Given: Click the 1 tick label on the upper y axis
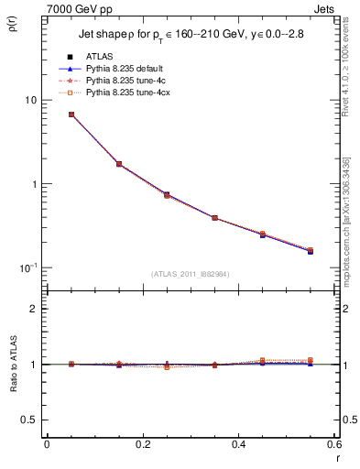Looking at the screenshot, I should (x=35, y=184).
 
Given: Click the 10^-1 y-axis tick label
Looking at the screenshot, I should (x=30, y=267).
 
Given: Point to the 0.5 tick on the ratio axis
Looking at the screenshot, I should (x=31, y=420).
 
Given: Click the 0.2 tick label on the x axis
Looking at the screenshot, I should (x=142, y=443).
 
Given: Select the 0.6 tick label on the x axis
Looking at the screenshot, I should (x=334, y=443).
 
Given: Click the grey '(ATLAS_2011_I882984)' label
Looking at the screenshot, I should (x=190, y=274).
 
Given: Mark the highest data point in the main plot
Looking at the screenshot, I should (x=71, y=115).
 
